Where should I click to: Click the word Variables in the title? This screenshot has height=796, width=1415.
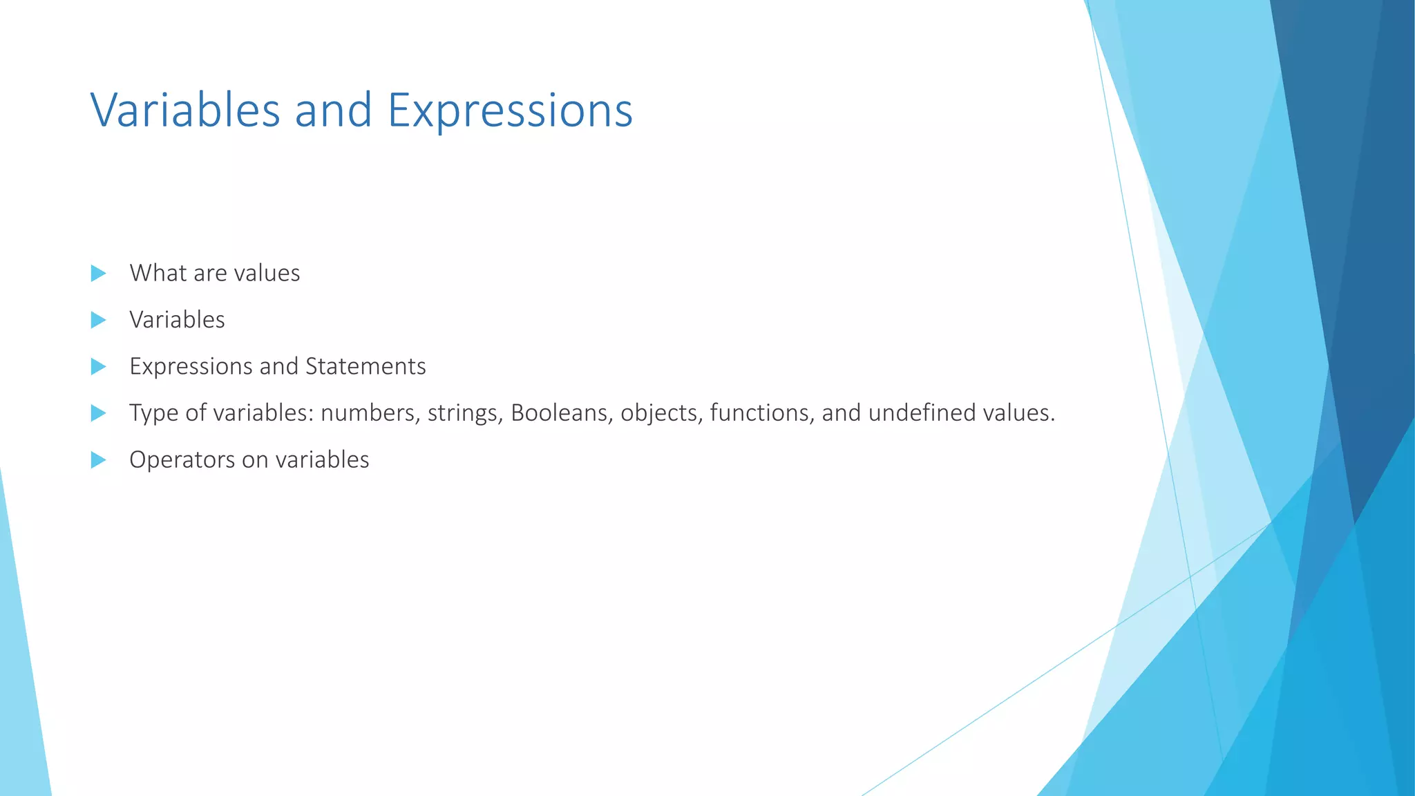(185, 111)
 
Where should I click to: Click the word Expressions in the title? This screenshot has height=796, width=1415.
(510, 111)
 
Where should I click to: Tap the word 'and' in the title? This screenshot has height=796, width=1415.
(334, 111)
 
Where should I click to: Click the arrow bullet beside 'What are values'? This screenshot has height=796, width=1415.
(98, 273)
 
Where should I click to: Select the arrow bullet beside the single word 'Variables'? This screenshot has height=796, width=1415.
(98, 320)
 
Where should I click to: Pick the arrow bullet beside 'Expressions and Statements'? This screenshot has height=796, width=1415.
(98, 366)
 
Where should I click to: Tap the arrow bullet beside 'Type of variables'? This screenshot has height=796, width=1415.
(98, 413)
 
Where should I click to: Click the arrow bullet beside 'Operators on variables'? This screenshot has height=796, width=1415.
(98, 459)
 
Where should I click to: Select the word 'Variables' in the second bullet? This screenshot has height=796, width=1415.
(177, 320)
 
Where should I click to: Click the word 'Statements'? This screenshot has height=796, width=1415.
(365, 366)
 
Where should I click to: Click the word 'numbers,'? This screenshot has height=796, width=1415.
(370, 413)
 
